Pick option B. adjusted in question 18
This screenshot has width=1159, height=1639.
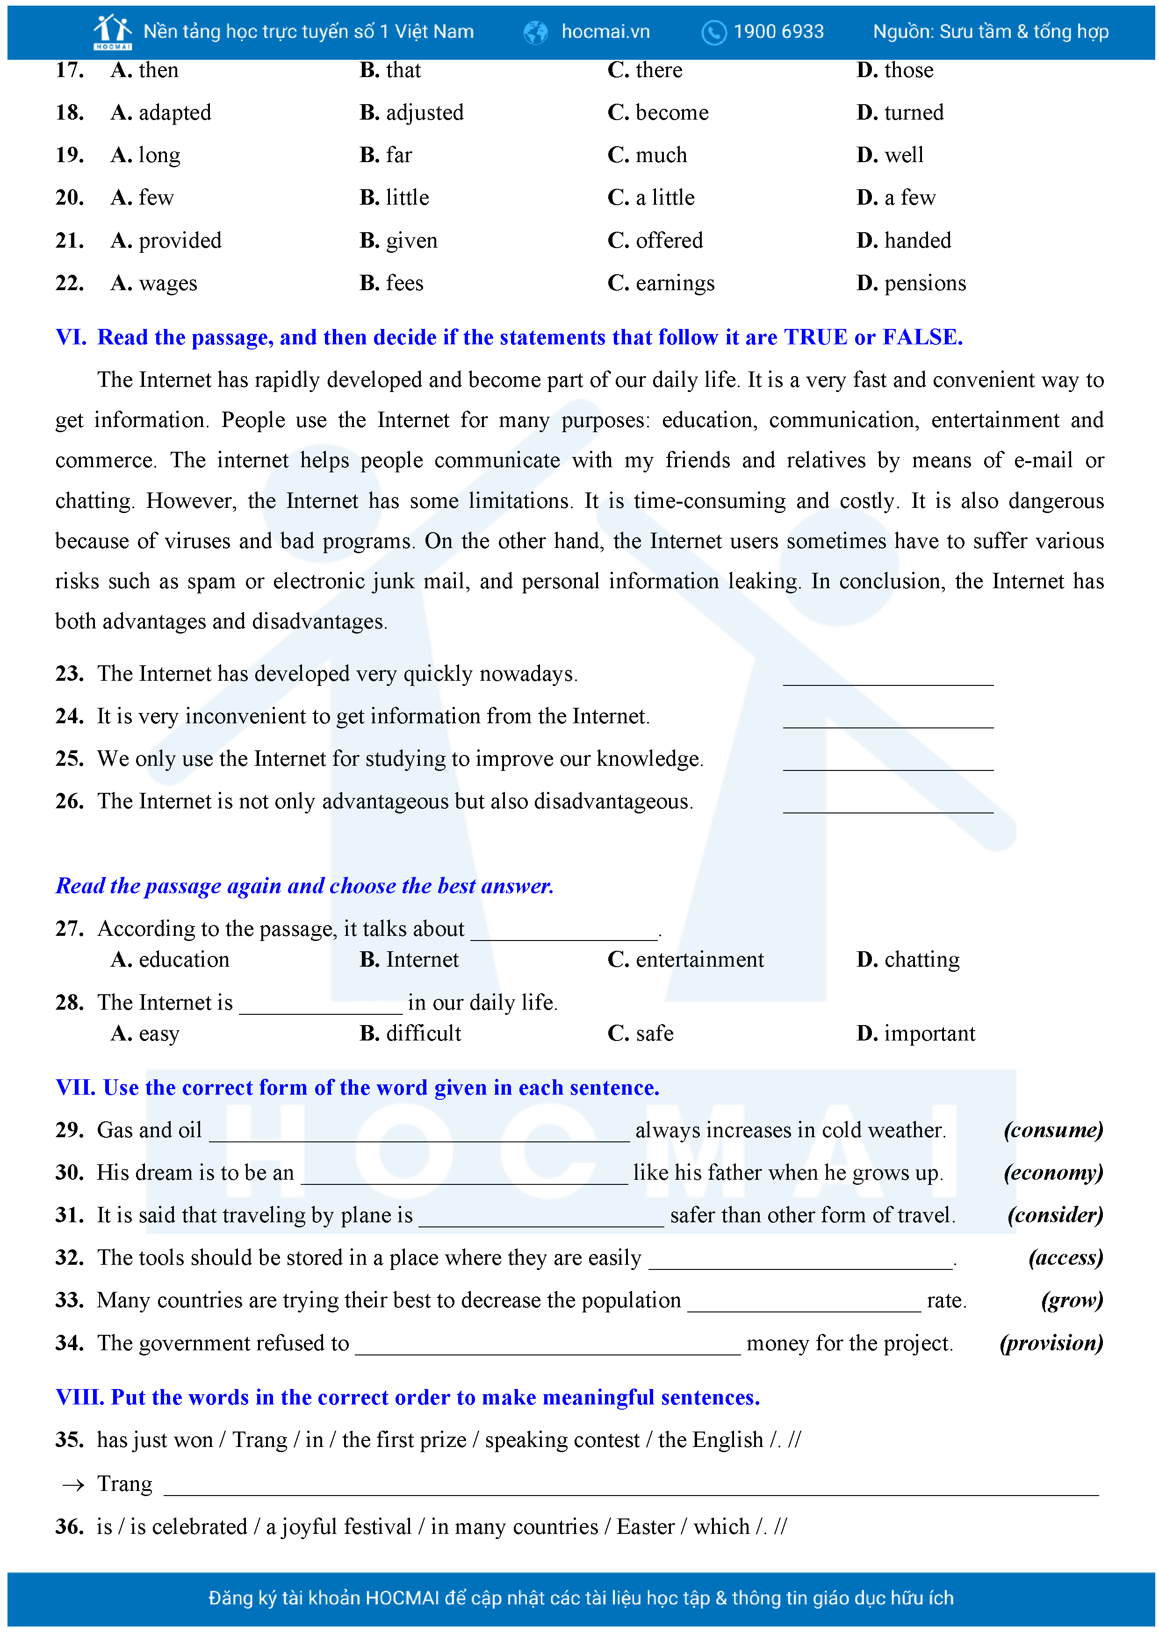point(411,113)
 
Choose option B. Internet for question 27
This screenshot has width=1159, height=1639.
point(409,960)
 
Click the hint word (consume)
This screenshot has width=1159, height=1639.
point(1052,1131)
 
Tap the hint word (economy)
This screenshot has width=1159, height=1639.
point(1052,1173)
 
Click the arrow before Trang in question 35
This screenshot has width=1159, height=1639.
point(73,1486)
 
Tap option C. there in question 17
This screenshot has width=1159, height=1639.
point(645,71)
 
